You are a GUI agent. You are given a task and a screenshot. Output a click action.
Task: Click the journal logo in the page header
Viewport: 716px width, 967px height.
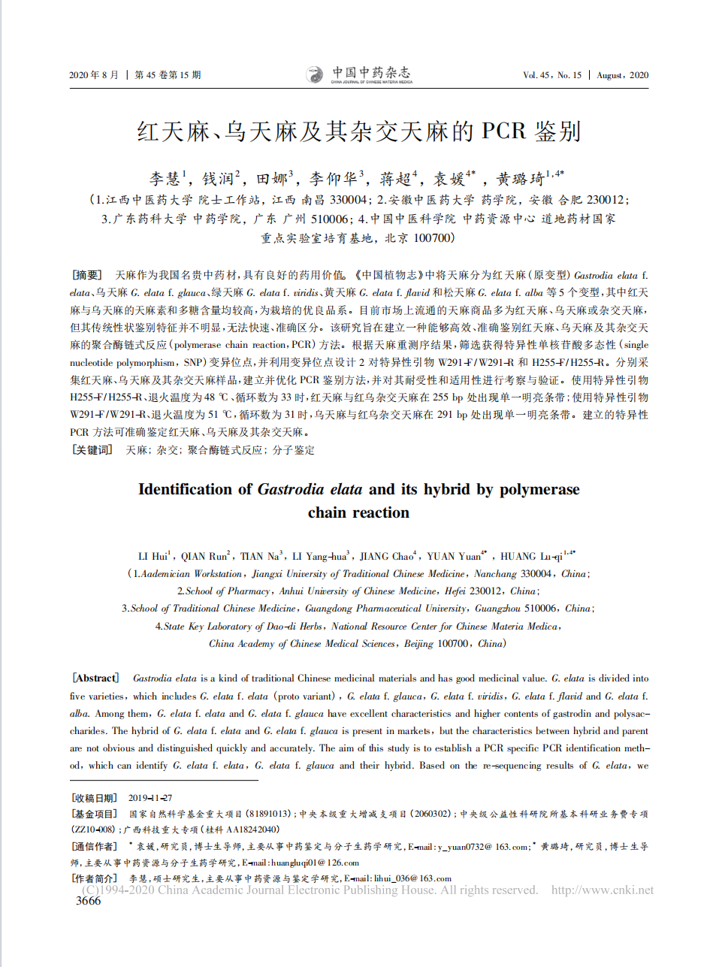pyautogui.click(x=359, y=74)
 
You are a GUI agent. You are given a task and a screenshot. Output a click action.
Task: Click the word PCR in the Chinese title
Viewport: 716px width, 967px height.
pyautogui.click(x=503, y=131)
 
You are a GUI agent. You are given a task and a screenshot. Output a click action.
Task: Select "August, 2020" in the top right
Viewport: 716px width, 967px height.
pyautogui.click(x=622, y=75)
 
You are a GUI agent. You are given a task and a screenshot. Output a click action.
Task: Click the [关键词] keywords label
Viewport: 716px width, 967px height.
pyautogui.click(x=92, y=450)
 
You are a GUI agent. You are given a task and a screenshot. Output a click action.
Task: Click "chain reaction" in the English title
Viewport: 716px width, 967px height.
pyautogui.click(x=358, y=512)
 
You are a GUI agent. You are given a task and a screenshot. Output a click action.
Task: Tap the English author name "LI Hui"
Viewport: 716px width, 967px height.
pyautogui.click(x=153, y=557)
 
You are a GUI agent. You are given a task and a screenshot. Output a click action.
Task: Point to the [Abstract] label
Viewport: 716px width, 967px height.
pyautogui.click(x=95, y=678)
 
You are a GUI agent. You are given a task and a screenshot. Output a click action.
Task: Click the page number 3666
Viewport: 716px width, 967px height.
pyautogui.click(x=88, y=901)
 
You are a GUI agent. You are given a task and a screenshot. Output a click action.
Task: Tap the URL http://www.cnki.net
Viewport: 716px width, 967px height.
pyautogui.click(x=602, y=890)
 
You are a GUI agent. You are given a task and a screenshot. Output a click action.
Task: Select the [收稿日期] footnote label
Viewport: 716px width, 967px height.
pyautogui.click(x=94, y=798)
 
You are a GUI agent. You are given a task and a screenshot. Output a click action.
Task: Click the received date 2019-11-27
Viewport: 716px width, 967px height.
pyautogui.click(x=150, y=798)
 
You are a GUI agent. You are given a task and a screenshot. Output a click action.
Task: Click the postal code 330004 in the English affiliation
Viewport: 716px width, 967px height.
pyautogui.click(x=536, y=574)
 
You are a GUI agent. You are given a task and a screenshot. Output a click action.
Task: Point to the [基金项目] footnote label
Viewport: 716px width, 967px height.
pyautogui.click(x=94, y=814)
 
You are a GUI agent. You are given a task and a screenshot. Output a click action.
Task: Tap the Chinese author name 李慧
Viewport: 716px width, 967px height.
pyautogui.click(x=165, y=179)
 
